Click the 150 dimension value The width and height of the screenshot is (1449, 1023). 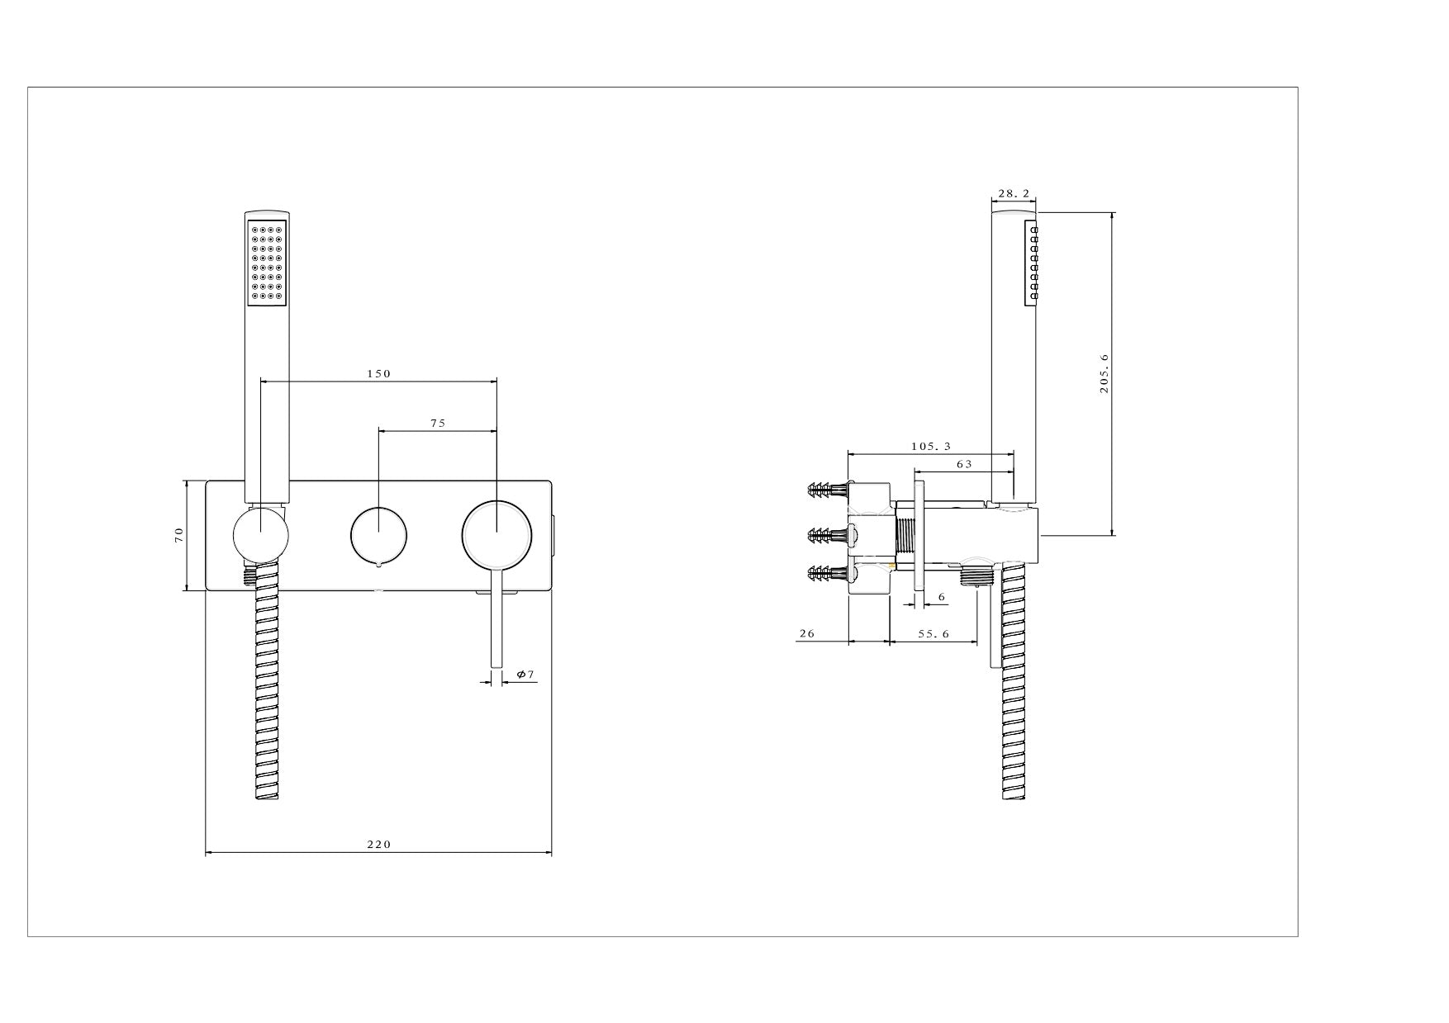378,373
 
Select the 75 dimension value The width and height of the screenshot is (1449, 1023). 438,423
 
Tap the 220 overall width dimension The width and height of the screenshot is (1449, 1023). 378,844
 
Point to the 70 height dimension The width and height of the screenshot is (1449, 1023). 178,535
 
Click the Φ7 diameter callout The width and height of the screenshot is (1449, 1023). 525,675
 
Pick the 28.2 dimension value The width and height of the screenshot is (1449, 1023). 1014,193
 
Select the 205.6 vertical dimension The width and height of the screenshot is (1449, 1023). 1104,373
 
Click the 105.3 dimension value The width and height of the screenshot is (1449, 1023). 931,446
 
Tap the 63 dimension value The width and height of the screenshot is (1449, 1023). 964,464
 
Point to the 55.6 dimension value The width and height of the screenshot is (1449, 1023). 934,633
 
